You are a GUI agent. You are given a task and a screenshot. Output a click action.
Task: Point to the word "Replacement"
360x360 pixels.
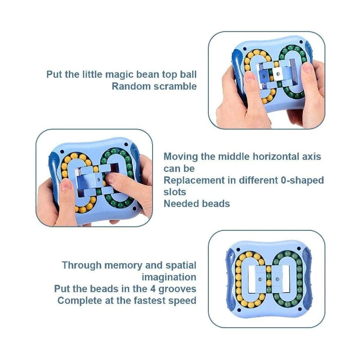[x=194, y=180]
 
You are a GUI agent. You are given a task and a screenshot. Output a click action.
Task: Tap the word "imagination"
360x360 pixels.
[x=169, y=277]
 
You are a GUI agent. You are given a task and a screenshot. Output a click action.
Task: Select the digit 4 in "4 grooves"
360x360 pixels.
[x=153, y=289]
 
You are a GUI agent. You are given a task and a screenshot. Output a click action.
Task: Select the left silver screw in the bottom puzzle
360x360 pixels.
[x=260, y=279]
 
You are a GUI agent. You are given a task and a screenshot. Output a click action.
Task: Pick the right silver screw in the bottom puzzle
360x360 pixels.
[x=277, y=279]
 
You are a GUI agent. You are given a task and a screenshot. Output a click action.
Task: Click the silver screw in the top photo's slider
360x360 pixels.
[x=278, y=74]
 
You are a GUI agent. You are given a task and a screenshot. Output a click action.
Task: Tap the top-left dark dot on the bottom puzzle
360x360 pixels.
[x=238, y=250]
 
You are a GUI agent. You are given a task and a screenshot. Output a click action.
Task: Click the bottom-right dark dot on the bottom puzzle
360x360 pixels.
[x=300, y=309]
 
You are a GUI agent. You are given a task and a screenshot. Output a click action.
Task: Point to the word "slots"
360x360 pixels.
[x=175, y=192]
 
